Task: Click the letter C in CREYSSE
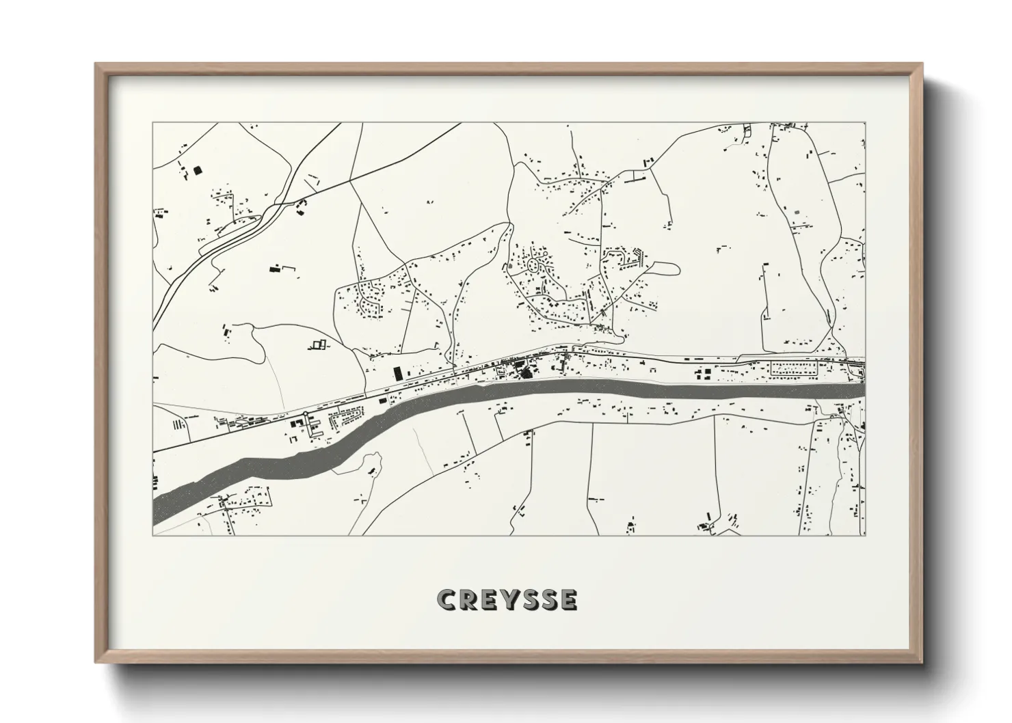click(447, 599)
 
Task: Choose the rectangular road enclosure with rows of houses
click(793, 369)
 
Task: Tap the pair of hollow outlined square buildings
click(317, 344)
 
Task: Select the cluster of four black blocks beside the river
click(298, 424)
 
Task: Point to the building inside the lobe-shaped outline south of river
click(372, 471)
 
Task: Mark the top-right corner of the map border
click(865, 123)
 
